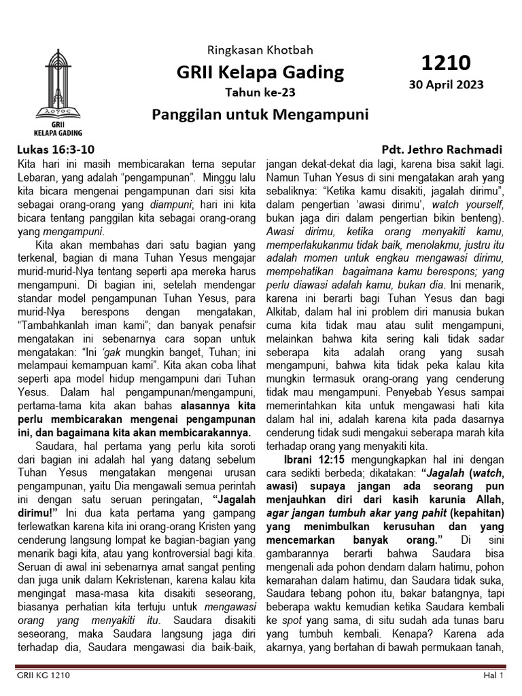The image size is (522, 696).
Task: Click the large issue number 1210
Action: (x=445, y=63)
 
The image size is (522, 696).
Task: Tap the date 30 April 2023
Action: (x=445, y=85)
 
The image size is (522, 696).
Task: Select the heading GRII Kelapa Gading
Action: (x=260, y=72)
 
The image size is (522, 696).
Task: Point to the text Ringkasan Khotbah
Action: (x=260, y=51)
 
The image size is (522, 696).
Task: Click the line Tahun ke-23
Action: (x=260, y=92)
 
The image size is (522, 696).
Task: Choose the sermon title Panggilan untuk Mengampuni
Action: (x=260, y=114)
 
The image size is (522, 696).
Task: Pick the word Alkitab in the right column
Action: (x=285, y=313)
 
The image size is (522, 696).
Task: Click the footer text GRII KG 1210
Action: (x=43, y=676)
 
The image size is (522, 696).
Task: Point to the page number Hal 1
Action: (x=493, y=676)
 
